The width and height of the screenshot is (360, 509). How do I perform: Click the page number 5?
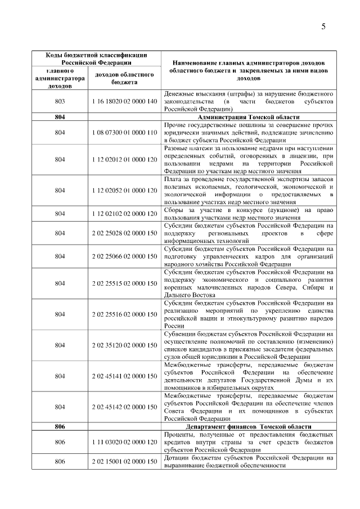pos(325,26)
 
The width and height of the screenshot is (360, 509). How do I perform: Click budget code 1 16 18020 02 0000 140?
pos(124,101)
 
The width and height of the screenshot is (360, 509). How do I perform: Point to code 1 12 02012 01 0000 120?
pos(124,159)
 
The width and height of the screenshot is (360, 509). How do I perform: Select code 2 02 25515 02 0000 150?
pos(124,283)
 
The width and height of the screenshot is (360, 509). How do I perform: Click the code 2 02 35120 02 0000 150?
pos(124,344)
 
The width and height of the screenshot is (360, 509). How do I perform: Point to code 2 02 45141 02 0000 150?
pos(124,375)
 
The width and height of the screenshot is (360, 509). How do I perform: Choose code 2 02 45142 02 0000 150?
pos(124,406)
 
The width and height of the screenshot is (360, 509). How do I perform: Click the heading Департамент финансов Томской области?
pos(247,426)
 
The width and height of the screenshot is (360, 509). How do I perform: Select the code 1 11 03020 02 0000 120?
pos(124,442)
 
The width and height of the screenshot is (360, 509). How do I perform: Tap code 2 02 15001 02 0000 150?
pos(124,461)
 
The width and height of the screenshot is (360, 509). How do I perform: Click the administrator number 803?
pos(59,101)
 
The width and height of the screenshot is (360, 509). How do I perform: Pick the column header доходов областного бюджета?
pos(124,79)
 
